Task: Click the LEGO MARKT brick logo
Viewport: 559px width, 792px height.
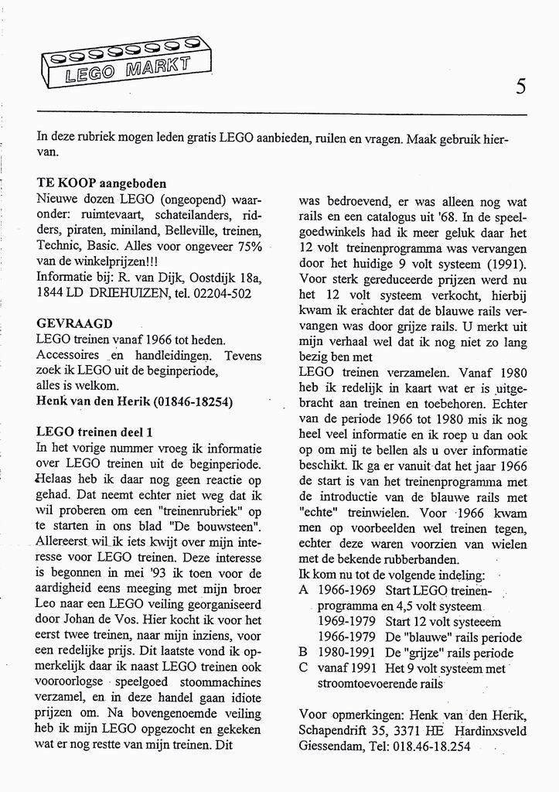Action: click(x=126, y=64)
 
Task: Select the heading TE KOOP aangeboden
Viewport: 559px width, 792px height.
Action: click(x=101, y=184)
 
